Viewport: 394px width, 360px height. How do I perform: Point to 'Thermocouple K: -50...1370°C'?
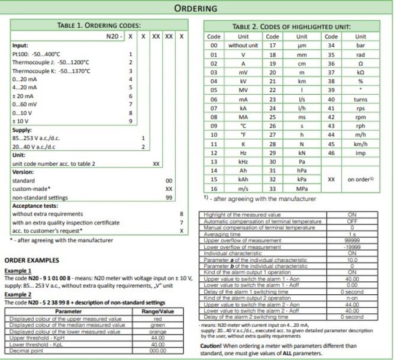pyautogui.click(x=51, y=70)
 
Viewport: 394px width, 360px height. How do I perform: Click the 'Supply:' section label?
pyautogui.click(x=22, y=129)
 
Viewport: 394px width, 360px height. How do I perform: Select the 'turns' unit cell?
pyautogui.click(x=360, y=99)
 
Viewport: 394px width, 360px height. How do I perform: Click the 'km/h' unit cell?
pyautogui.click(x=360, y=144)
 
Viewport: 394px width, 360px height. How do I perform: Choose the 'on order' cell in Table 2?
pyautogui.click(x=360, y=178)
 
